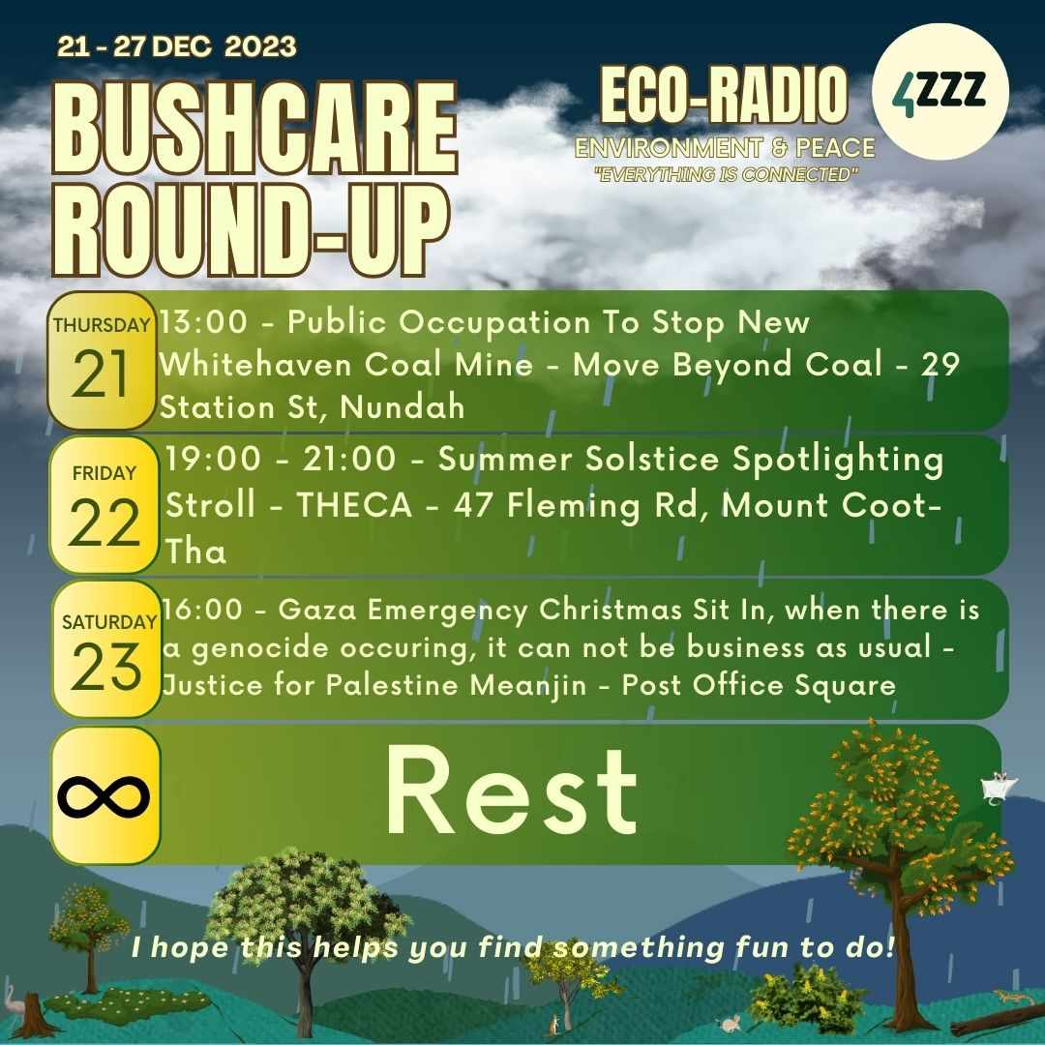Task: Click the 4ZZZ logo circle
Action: click(940, 91)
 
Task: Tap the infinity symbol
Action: click(104, 796)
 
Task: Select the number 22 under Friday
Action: click(104, 522)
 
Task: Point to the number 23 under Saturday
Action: click(105, 667)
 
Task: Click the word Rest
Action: click(512, 791)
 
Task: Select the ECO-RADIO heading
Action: click(724, 95)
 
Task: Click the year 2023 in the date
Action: click(260, 46)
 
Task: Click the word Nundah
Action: click(403, 407)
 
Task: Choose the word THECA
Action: click(354, 505)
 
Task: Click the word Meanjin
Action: click(528, 686)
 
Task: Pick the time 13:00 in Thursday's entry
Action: click(203, 322)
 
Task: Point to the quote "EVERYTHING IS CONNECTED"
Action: click(726, 174)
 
